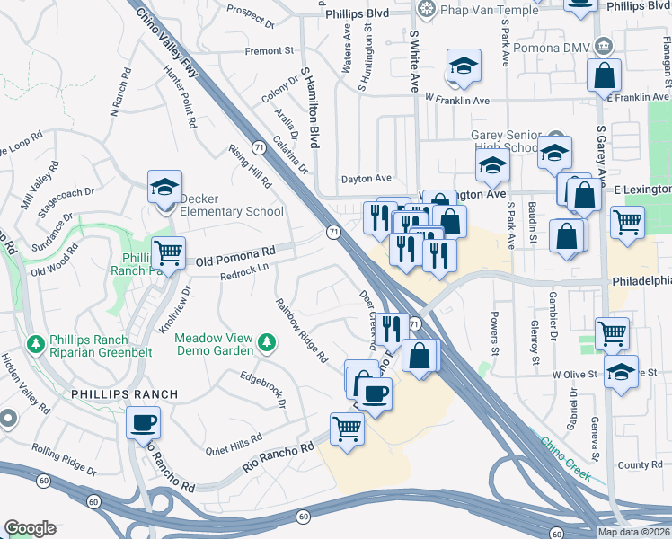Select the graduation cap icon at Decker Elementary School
(x=165, y=187)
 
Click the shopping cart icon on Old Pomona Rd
(x=168, y=252)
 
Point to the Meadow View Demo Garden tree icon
(x=266, y=342)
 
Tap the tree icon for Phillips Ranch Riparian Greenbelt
(x=35, y=344)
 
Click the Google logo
(x=30, y=528)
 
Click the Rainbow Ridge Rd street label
(x=302, y=331)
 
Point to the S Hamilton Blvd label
(x=311, y=109)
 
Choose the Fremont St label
(x=270, y=51)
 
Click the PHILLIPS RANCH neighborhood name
(x=124, y=394)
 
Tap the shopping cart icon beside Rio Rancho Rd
(x=347, y=429)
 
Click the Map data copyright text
(x=633, y=532)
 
